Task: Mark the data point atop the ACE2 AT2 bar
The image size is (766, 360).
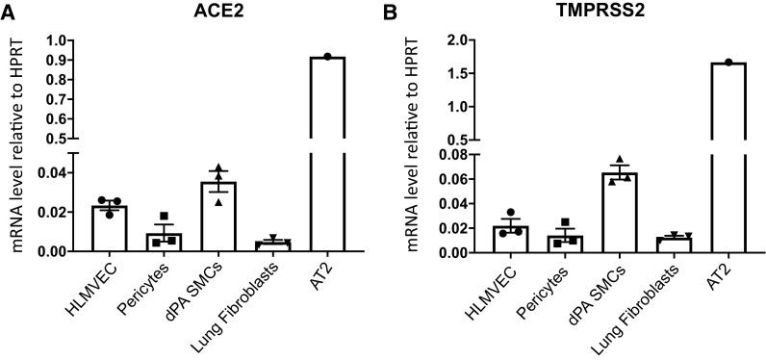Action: coord(328,57)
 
